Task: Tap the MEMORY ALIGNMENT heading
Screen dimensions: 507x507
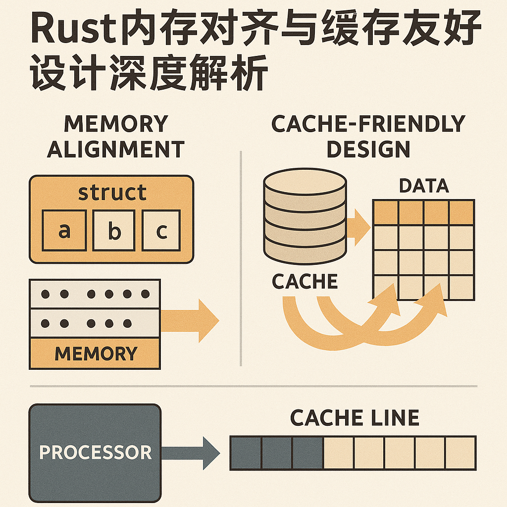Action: coord(115,136)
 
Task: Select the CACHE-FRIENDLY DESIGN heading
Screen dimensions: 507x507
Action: coord(368,136)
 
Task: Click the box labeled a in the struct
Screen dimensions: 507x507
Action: coord(64,231)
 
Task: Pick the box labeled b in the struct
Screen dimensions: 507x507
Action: coord(114,231)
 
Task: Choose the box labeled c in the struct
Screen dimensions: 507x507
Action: coord(161,231)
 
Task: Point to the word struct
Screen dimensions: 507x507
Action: coord(112,192)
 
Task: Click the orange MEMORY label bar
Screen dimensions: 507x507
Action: coord(95,354)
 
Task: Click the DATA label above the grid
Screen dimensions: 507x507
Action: coord(423,186)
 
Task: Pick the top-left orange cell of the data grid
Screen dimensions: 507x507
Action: coord(385,212)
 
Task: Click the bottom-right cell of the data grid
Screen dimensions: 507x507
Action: coord(461,288)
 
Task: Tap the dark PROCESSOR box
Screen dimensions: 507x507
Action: coord(95,453)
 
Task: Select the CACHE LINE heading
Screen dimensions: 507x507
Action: coord(354,418)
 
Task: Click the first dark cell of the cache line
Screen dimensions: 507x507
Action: coord(246,453)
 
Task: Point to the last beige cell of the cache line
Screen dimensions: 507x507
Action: coord(460,453)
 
